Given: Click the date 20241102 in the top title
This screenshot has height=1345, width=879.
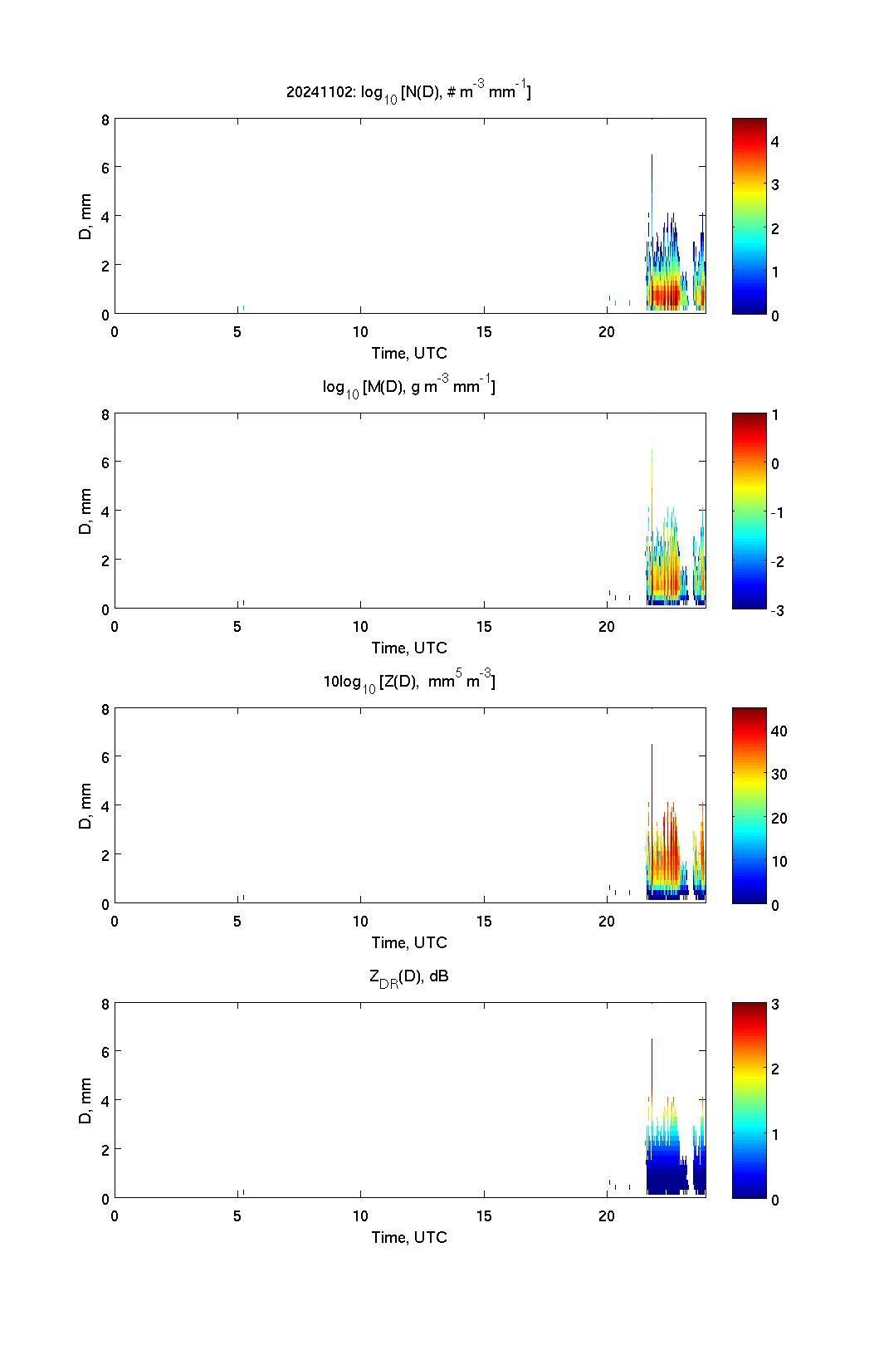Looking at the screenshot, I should coord(320,92).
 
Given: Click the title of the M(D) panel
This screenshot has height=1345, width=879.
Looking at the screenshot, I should coord(408,387).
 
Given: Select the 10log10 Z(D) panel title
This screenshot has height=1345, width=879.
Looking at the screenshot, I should coord(408,682).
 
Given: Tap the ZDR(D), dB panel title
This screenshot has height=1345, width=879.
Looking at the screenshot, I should coord(408,976).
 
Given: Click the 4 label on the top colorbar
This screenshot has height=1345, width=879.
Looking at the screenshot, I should coord(774,142).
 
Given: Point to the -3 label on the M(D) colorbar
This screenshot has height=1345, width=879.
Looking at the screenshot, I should coord(777,610).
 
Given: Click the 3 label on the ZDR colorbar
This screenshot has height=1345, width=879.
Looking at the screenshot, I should coord(774,1005).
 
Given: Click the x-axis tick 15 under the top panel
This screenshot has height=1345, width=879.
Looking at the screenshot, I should coord(484,332).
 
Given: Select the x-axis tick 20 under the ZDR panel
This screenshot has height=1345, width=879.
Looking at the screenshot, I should coord(607,1216).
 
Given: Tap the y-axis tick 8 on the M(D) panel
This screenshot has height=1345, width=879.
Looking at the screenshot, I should coord(105,414).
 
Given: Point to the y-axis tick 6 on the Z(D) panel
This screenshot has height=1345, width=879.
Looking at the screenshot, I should coord(105,757).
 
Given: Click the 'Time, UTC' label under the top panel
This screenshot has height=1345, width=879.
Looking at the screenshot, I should coord(408,353).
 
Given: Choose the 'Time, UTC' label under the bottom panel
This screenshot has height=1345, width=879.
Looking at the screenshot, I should coord(408,1237).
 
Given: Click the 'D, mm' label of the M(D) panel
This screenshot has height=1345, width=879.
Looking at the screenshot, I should coord(85,511).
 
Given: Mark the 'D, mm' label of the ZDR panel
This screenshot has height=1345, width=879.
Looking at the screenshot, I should coord(85,1101).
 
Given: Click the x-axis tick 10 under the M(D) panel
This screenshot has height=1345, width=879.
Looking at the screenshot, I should coord(360,627).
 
